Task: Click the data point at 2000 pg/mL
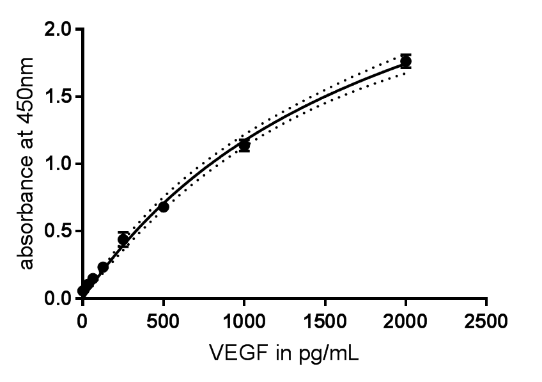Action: click(405, 61)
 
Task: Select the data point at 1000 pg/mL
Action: click(244, 145)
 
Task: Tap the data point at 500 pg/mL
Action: click(164, 207)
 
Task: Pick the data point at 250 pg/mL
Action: click(123, 239)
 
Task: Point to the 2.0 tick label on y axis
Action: click(59, 29)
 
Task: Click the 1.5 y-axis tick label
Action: click(59, 97)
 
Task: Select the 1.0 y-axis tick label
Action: click(59, 164)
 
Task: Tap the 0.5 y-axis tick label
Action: click(59, 232)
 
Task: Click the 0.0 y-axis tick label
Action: click(59, 299)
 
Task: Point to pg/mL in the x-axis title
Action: click(329, 354)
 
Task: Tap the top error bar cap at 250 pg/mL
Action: click(123, 232)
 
